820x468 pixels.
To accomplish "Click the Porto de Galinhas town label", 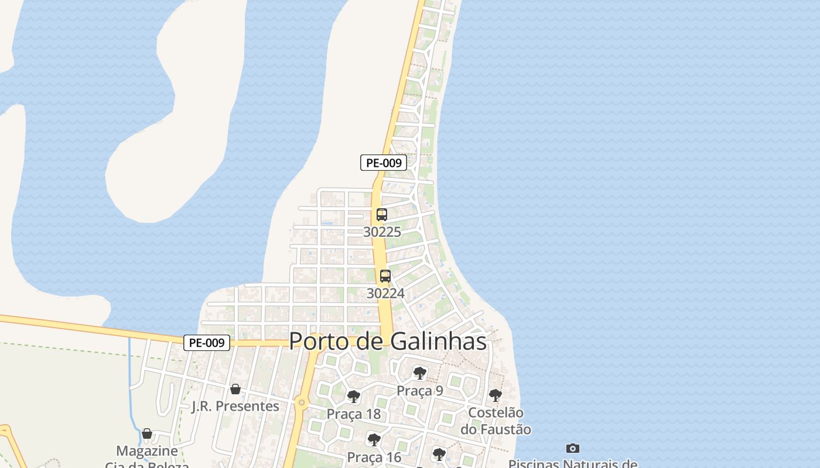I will pyautogui.click(x=388, y=341).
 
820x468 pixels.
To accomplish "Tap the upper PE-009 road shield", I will pyautogui.click(x=383, y=163).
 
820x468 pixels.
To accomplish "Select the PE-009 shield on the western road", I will pyautogui.click(x=207, y=343).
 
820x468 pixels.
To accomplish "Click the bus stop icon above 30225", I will pyautogui.click(x=382, y=215).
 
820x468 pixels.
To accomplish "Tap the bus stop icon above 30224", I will pyautogui.click(x=385, y=276).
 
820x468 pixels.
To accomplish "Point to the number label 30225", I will pyautogui.click(x=382, y=232).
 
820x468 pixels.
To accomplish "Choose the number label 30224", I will pyautogui.click(x=385, y=293).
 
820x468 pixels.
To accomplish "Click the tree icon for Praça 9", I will pyautogui.click(x=419, y=373).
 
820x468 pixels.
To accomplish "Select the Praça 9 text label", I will pyautogui.click(x=419, y=391).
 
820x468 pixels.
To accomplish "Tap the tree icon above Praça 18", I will pyautogui.click(x=353, y=397).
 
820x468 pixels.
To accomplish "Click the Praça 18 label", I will pyautogui.click(x=353, y=414).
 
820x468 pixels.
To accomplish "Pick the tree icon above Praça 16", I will pyautogui.click(x=374, y=439).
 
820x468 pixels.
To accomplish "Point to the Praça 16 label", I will pyautogui.click(x=374, y=457).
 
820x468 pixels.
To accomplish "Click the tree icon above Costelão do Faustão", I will pyautogui.click(x=495, y=395).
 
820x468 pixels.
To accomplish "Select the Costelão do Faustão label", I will pyautogui.click(x=496, y=421).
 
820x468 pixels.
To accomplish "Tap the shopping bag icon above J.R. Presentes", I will pyautogui.click(x=235, y=389).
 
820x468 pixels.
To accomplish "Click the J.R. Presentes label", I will pyautogui.click(x=235, y=406).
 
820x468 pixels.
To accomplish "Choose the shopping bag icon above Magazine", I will pyautogui.click(x=147, y=433).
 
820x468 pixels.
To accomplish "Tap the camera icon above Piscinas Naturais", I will pyautogui.click(x=573, y=448).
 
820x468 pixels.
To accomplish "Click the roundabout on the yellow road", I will pyautogui.click(x=302, y=402).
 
